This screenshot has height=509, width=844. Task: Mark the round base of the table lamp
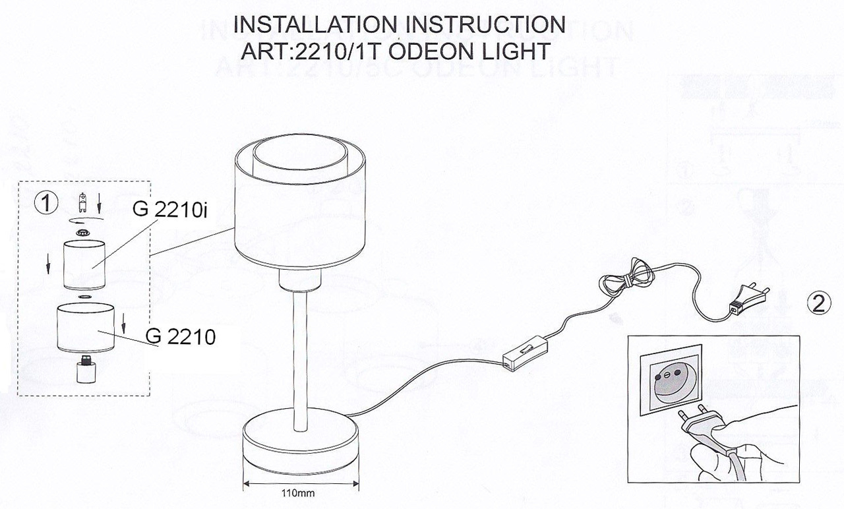coord(301,444)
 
